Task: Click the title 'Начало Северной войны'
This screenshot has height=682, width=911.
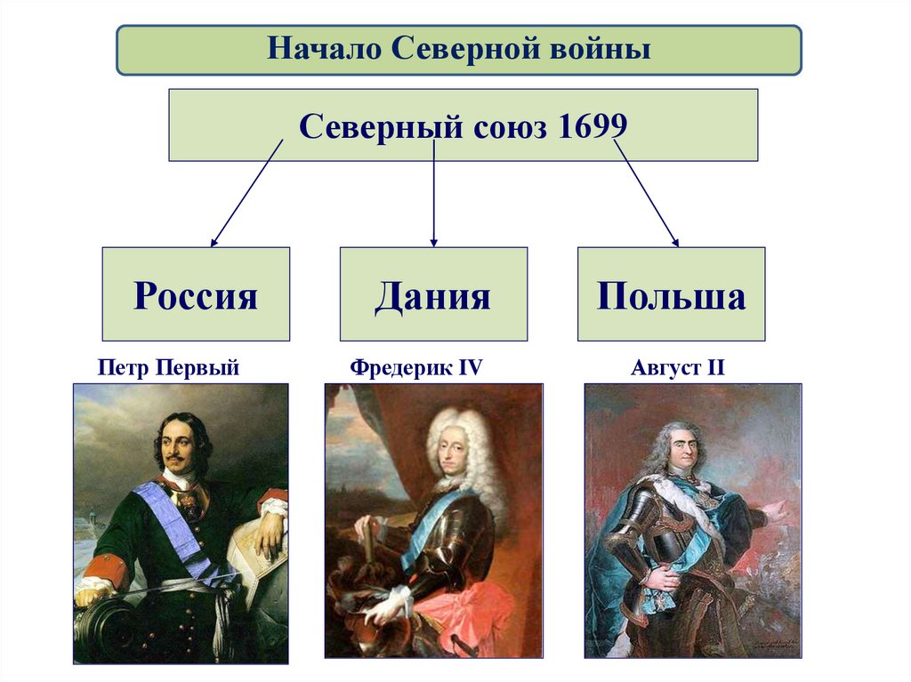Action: coord(459,49)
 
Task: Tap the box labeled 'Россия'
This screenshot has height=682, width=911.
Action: coord(196,294)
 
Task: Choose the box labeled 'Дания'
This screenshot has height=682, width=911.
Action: coord(433,294)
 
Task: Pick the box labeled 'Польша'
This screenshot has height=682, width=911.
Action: coord(671,294)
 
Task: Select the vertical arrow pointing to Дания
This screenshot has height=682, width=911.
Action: coord(433,196)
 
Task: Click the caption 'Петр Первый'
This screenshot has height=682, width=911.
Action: coord(168,366)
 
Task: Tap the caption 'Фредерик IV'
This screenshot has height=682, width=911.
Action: coord(415,366)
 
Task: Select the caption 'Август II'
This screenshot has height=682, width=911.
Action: coord(678,366)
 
